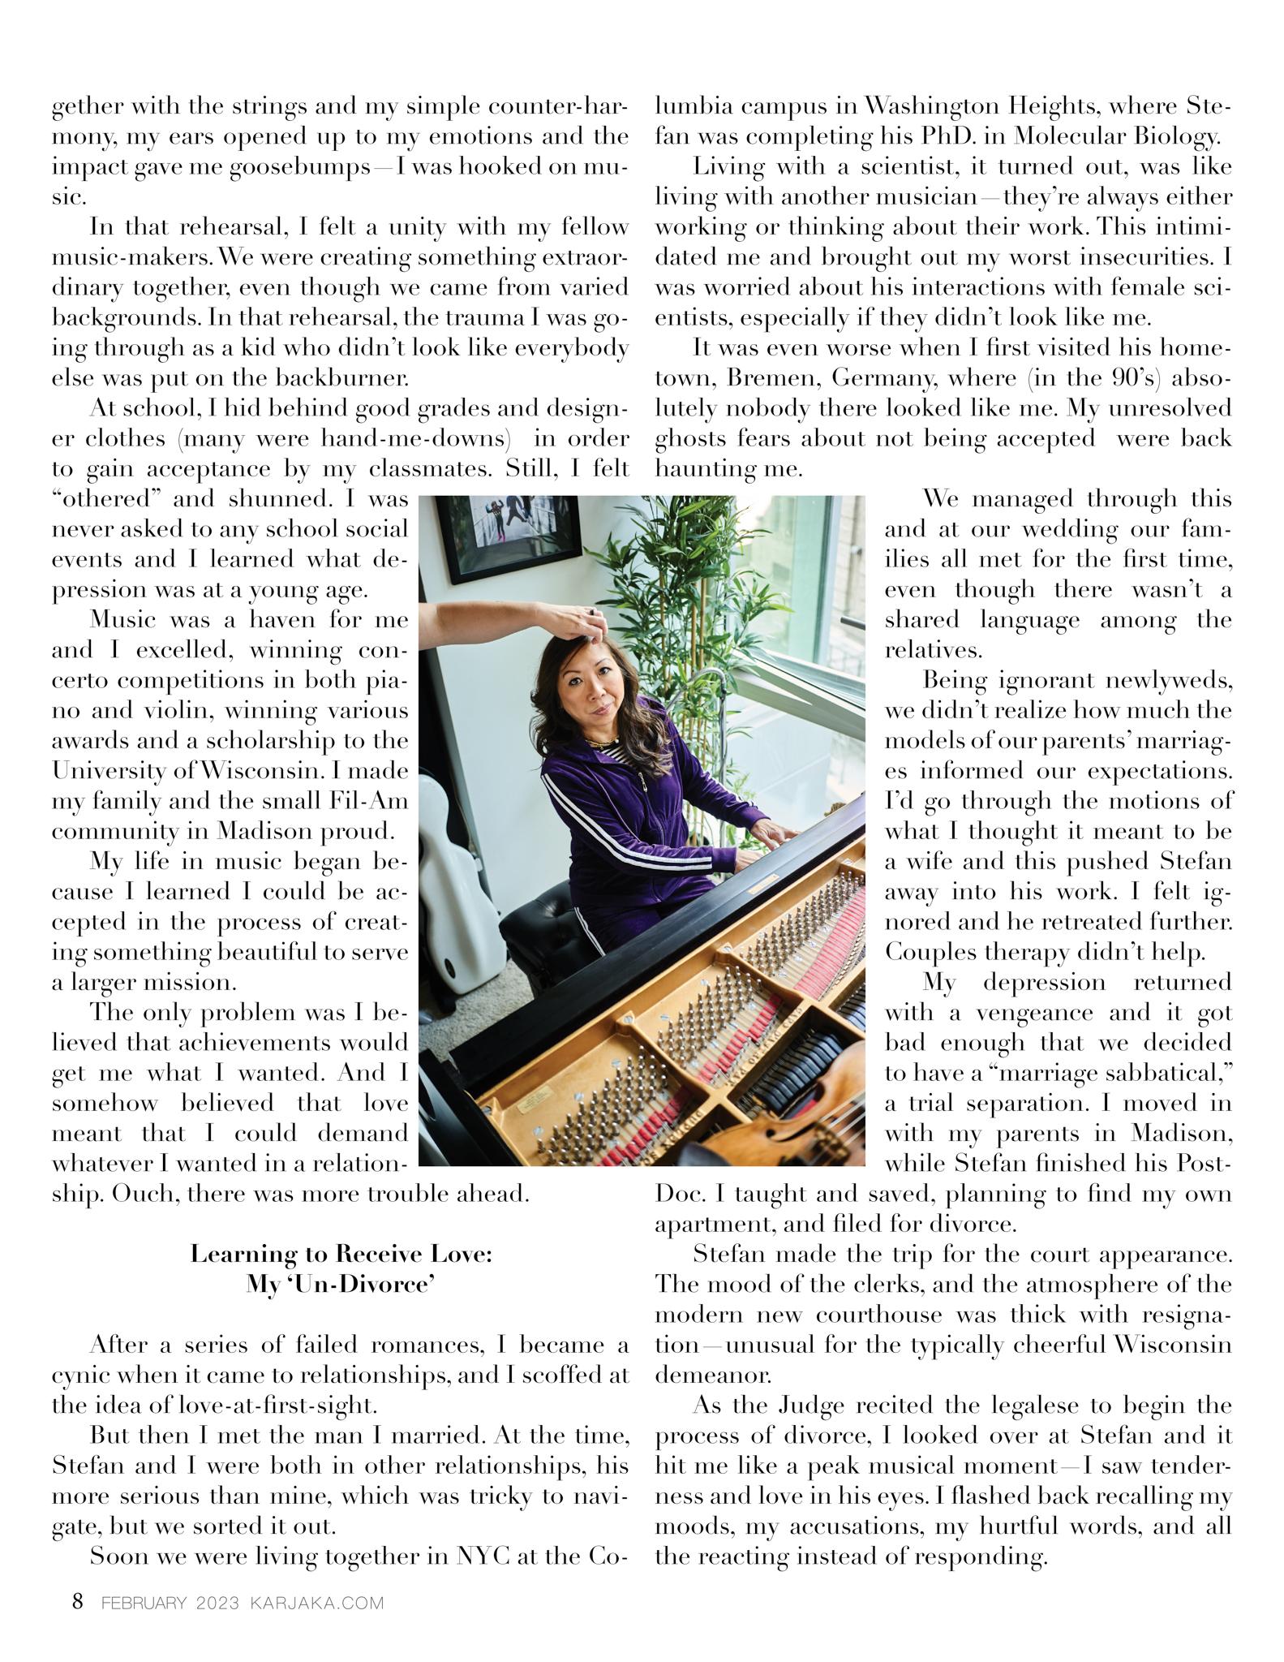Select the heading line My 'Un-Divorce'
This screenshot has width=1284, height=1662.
341,1285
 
